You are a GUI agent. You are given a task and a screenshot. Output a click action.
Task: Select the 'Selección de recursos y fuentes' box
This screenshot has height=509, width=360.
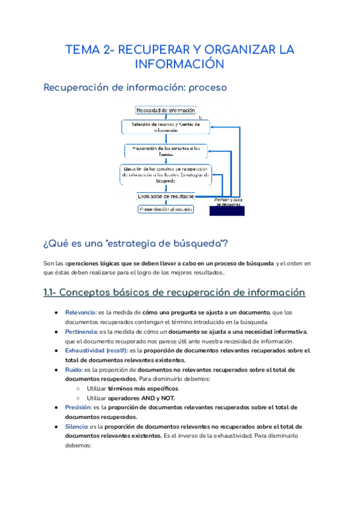pos(166,127)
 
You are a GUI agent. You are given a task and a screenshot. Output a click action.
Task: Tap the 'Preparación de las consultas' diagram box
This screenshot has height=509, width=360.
pos(166,151)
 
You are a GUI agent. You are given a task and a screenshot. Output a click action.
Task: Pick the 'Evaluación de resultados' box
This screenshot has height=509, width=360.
pos(166,196)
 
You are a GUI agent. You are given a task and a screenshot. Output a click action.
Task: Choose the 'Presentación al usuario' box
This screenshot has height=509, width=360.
pos(166,209)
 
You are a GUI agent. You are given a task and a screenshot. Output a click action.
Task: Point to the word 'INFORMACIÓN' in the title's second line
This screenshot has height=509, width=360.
pos(179,64)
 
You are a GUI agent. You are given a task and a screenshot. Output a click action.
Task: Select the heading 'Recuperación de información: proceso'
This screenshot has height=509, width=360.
pos(135,88)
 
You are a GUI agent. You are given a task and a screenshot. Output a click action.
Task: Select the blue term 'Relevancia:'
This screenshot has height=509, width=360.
pos(80,313)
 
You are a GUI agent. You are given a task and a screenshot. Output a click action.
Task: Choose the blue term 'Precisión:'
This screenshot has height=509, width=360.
pos(78,408)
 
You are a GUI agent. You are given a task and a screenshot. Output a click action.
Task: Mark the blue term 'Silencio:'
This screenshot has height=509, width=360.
pos(78,427)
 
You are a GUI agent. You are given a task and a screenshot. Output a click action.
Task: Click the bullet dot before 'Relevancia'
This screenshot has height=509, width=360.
pos(56,313)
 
